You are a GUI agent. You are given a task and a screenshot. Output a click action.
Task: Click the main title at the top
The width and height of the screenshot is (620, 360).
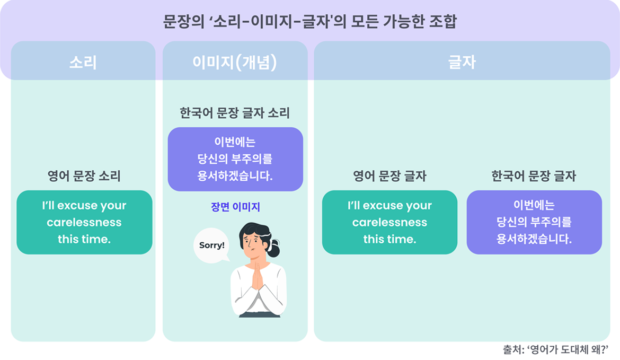pos(309,21)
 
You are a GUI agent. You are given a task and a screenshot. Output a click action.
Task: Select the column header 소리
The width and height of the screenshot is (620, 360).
pos(83,63)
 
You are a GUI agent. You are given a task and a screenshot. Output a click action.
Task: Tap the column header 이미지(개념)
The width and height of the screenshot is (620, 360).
pos(235,63)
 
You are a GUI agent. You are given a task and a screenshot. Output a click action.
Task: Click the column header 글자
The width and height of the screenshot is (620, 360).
pos(462,63)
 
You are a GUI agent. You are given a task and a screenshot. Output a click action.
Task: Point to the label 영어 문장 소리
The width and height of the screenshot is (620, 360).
pos(84,175)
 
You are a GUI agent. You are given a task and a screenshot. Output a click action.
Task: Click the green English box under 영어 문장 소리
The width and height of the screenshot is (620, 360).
pos(84,222)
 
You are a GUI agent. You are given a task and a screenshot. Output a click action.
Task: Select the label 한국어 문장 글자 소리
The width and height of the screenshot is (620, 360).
pos(235,113)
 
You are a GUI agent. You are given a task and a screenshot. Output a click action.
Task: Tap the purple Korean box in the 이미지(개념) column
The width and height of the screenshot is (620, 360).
pos(235,159)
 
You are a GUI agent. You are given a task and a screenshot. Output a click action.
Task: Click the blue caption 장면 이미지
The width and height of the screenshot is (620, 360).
pos(235,207)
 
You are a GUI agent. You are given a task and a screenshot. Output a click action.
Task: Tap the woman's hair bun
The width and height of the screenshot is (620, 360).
pos(273,248)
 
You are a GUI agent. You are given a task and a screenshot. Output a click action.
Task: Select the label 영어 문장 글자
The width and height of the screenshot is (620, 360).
pos(390,175)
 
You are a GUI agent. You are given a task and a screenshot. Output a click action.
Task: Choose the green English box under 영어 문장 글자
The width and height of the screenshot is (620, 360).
pos(390,222)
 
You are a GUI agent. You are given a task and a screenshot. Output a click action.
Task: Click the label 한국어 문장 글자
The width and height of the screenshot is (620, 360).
pos(534,175)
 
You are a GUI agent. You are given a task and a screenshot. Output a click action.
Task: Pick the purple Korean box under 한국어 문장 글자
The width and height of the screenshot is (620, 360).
pos(534,222)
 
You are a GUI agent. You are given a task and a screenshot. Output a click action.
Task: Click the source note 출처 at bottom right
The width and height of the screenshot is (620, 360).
pos(555,349)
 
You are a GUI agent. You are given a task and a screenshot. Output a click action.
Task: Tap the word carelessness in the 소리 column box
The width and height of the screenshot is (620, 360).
pos(84,222)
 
